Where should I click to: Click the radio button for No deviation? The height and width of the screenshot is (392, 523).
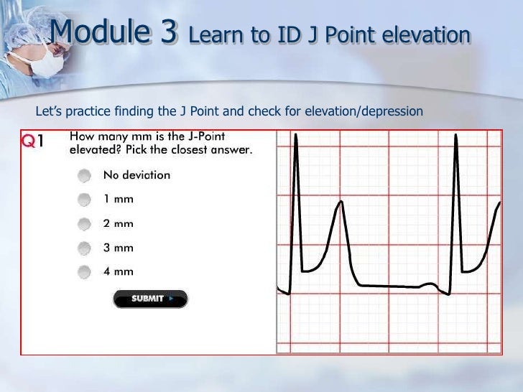(x=85, y=175)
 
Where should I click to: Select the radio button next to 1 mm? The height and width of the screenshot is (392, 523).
(x=85, y=199)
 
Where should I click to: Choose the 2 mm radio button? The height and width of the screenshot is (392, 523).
(x=85, y=223)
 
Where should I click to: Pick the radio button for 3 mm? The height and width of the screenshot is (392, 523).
(x=85, y=248)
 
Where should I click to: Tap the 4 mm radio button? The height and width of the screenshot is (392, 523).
(x=85, y=271)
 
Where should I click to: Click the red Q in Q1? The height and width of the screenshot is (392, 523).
(x=29, y=141)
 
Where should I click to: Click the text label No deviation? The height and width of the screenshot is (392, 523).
(x=136, y=175)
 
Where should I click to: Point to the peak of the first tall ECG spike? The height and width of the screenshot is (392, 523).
(x=295, y=134)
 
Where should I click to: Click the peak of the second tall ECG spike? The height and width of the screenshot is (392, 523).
(x=455, y=134)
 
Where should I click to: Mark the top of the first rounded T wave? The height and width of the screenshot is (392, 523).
(x=341, y=202)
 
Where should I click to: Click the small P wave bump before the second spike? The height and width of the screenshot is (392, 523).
(x=430, y=284)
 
